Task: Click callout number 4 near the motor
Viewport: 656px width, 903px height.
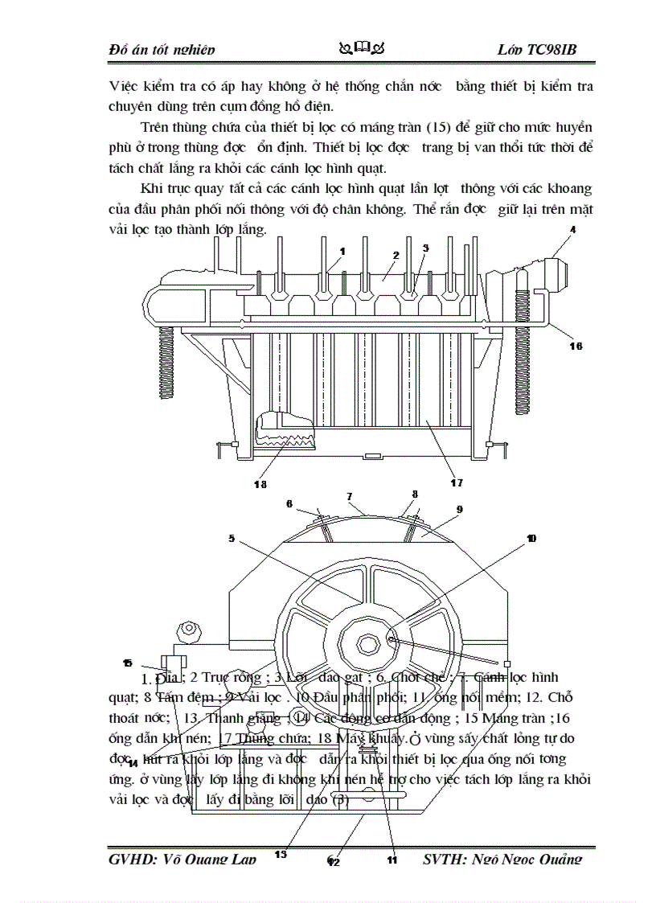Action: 573,229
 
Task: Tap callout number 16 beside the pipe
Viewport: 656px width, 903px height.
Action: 575,346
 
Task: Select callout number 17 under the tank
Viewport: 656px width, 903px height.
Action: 456,482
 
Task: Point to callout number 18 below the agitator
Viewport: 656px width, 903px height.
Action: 260,484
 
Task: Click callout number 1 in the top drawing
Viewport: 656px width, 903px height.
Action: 342,251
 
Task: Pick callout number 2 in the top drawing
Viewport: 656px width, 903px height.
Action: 396,255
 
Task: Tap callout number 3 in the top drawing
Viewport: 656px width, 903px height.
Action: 426,248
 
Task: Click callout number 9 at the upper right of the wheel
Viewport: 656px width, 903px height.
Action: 459,509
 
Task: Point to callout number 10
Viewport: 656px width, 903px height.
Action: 531,538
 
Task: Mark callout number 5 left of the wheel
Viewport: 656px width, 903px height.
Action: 232,539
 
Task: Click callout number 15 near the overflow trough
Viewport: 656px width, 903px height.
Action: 127,663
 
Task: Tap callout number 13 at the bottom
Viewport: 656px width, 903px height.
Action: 281,854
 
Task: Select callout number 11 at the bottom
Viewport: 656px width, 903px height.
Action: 392,860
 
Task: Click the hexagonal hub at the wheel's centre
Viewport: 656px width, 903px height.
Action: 368,643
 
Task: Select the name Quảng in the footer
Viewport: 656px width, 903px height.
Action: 559,860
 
